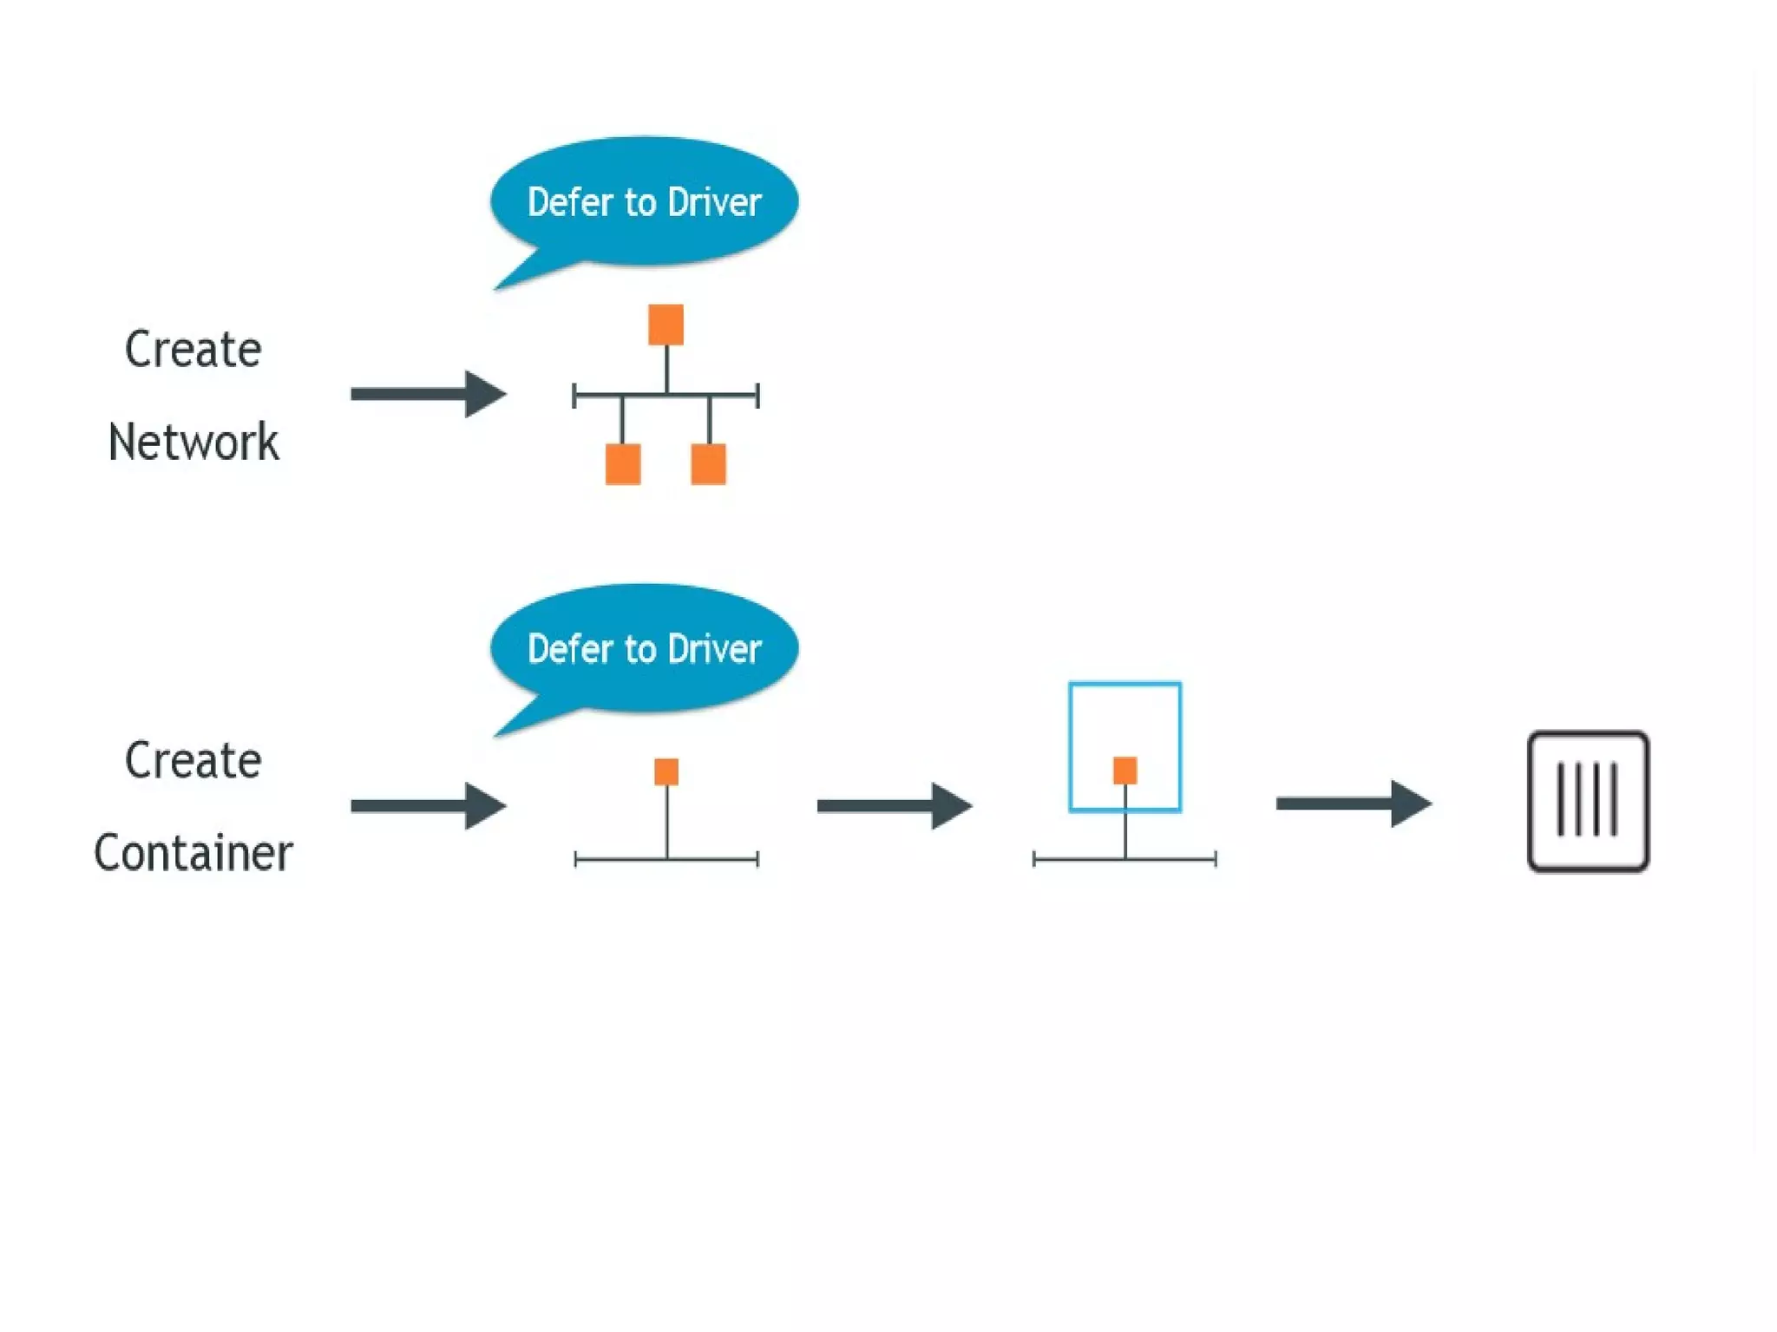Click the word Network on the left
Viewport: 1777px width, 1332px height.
tap(193, 442)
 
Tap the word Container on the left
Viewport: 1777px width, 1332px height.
tap(193, 853)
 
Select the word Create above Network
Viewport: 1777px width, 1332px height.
tap(193, 350)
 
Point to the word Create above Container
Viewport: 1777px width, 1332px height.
tap(193, 761)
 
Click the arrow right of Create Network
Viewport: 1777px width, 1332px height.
tap(428, 394)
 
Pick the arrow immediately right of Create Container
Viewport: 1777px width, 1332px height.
tap(428, 805)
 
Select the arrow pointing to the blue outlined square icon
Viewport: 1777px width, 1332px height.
tap(894, 805)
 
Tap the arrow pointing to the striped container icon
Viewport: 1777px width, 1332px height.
tap(1353, 804)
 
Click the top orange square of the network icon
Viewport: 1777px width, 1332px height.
tap(666, 325)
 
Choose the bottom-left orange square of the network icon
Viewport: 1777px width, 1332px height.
tap(623, 464)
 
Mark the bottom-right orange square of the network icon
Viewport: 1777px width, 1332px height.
tap(708, 464)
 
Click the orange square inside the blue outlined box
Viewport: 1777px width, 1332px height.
tap(1125, 770)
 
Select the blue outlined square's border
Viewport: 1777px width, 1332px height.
tap(1071, 746)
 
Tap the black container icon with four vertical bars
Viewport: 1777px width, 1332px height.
tap(1588, 801)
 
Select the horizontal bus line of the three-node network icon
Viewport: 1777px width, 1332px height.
tap(599, 396)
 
